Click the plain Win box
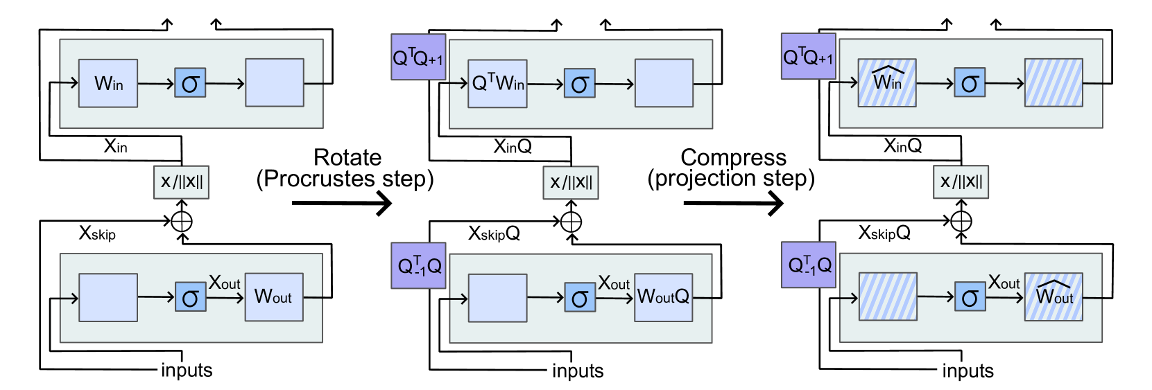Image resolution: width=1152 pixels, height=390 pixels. pyautogui.click(x=108, y=83)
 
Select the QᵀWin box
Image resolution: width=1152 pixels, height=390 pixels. pyautogui.click(x=497, y=84)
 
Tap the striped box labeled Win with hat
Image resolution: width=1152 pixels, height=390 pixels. pyautogui.click(x=887, y=83)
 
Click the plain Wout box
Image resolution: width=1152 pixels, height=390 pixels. pyautogui.click(x=274, y=297)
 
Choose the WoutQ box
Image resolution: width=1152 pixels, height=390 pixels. pyautogui.click(x=664, y=297)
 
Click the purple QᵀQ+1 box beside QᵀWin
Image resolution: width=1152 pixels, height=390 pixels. pyautogui.click(x=418, y=57)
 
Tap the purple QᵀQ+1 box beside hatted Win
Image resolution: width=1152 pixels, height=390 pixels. pyautogui.click(x=809, y=57)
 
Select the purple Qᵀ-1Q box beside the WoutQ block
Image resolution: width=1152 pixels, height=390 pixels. pyautogui.click(x=418, y=266)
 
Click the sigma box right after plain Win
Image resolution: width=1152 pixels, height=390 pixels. pyautogui.click(x=190, y=83)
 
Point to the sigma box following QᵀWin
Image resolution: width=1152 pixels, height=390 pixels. pyautogui.click(x=580, y=84)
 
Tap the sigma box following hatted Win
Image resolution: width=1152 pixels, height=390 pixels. pyautogui.click(x=970, y=83)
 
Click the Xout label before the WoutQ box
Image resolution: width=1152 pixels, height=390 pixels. pyautogui.click(x=614, y=283)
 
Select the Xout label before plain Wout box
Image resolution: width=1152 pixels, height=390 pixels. pyautogui.click(x=225, y=283)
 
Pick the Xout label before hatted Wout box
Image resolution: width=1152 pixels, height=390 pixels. pyautogui.click(x=1004, y=283)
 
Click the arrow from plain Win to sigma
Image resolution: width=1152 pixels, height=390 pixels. pyautogui.click(x=156, y=84)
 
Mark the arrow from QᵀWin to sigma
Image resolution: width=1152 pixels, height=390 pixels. pyautogui.click(x=546, y=85)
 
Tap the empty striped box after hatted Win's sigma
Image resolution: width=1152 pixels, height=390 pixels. pyautogui.click(x=1054, y=83)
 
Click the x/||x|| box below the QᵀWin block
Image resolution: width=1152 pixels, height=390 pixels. pyautogui.click(x=571, y=183)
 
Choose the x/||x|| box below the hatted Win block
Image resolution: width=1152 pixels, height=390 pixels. pyautogui.click(x=961, y=182)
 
